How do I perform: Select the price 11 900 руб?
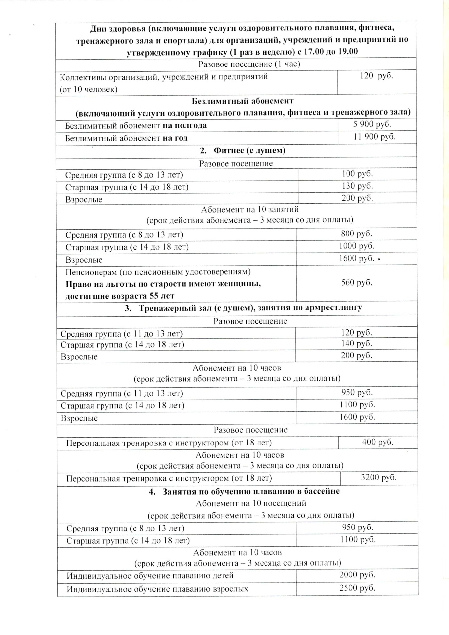[x=374, y=137]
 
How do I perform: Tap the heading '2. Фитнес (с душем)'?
[x=243, y=151]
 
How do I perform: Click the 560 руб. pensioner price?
[x=356, y=283]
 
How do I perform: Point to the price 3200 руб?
[x=379, y=477]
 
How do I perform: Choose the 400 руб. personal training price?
[x=378, y=442]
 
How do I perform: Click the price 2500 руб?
[x=357, y=588]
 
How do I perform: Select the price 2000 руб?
[x=357, y=575]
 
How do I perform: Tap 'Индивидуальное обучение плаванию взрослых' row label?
[x=157, y=589]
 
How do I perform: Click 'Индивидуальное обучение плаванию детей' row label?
[x=150, y=576]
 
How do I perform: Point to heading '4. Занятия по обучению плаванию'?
[x=244, y=491]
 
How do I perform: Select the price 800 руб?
[x=356, y=234]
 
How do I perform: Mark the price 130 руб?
[x=357, y=186]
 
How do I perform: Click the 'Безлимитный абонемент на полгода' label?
[x=136, y=126]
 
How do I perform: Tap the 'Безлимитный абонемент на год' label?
[x=126, y=138]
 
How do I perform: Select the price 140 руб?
[x=356, y=344]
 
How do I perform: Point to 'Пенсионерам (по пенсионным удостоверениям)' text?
[x=158, y=272]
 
